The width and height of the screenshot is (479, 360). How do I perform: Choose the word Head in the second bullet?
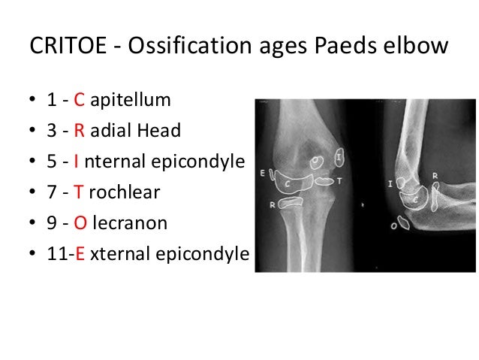coord(164,131)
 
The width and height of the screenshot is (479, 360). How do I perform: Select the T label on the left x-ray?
coord(339,181)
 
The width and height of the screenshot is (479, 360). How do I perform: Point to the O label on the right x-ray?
coord(403,223)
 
